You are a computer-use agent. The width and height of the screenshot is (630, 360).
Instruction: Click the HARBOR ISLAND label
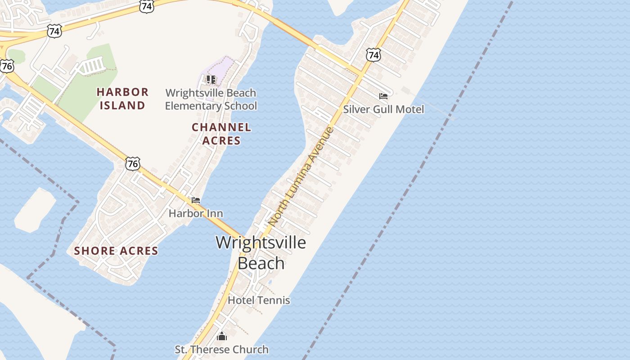tap(122, 99)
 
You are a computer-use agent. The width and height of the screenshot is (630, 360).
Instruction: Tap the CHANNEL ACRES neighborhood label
tap(221, 134)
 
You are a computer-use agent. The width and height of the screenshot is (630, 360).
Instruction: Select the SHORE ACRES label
tap(116, 251)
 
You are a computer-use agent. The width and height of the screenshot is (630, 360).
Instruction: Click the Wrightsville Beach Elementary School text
tap(211, 99)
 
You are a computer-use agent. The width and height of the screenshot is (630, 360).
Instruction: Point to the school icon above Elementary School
tap(211, 80)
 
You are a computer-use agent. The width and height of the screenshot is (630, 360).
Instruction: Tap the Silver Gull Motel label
tap(383, 109)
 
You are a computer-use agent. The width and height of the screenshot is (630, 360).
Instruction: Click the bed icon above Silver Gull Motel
tap(383, 96)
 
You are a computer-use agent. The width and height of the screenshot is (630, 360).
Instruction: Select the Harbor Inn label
tap(196, 213)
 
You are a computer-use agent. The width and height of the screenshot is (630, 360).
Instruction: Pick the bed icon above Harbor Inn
tap(196, 200)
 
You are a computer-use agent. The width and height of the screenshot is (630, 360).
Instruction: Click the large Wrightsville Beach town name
tap(261, 252)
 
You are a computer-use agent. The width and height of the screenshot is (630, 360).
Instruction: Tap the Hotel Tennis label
tap(259, 300)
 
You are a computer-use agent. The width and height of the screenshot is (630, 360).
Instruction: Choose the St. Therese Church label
tap(221, 349)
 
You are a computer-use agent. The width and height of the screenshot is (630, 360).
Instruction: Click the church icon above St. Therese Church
tap(221, 336)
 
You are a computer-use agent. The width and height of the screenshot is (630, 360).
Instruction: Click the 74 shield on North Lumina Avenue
tap(373, 55)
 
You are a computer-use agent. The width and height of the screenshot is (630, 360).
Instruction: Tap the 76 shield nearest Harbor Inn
tap(133, 163)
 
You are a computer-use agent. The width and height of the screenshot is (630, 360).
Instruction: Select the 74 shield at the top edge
tap(146, 6)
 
